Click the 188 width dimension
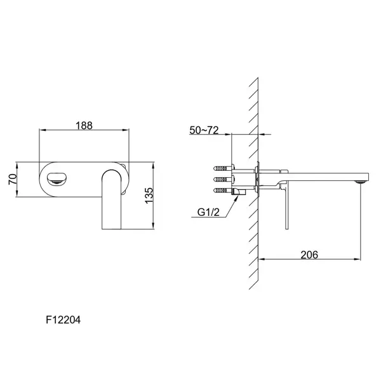(x=84, y=125)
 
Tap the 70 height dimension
(x=13, y=179)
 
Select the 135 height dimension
(x=149, y=196)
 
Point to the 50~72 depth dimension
(x=204, y=130)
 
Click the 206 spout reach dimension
(x=309, y=255)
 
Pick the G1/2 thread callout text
(x=208, y=212)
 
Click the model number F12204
(x=63, y=320)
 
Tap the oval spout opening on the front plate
(x=57, y=178)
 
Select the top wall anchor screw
(x=224, y=168)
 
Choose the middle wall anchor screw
(x=223, y=179)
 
